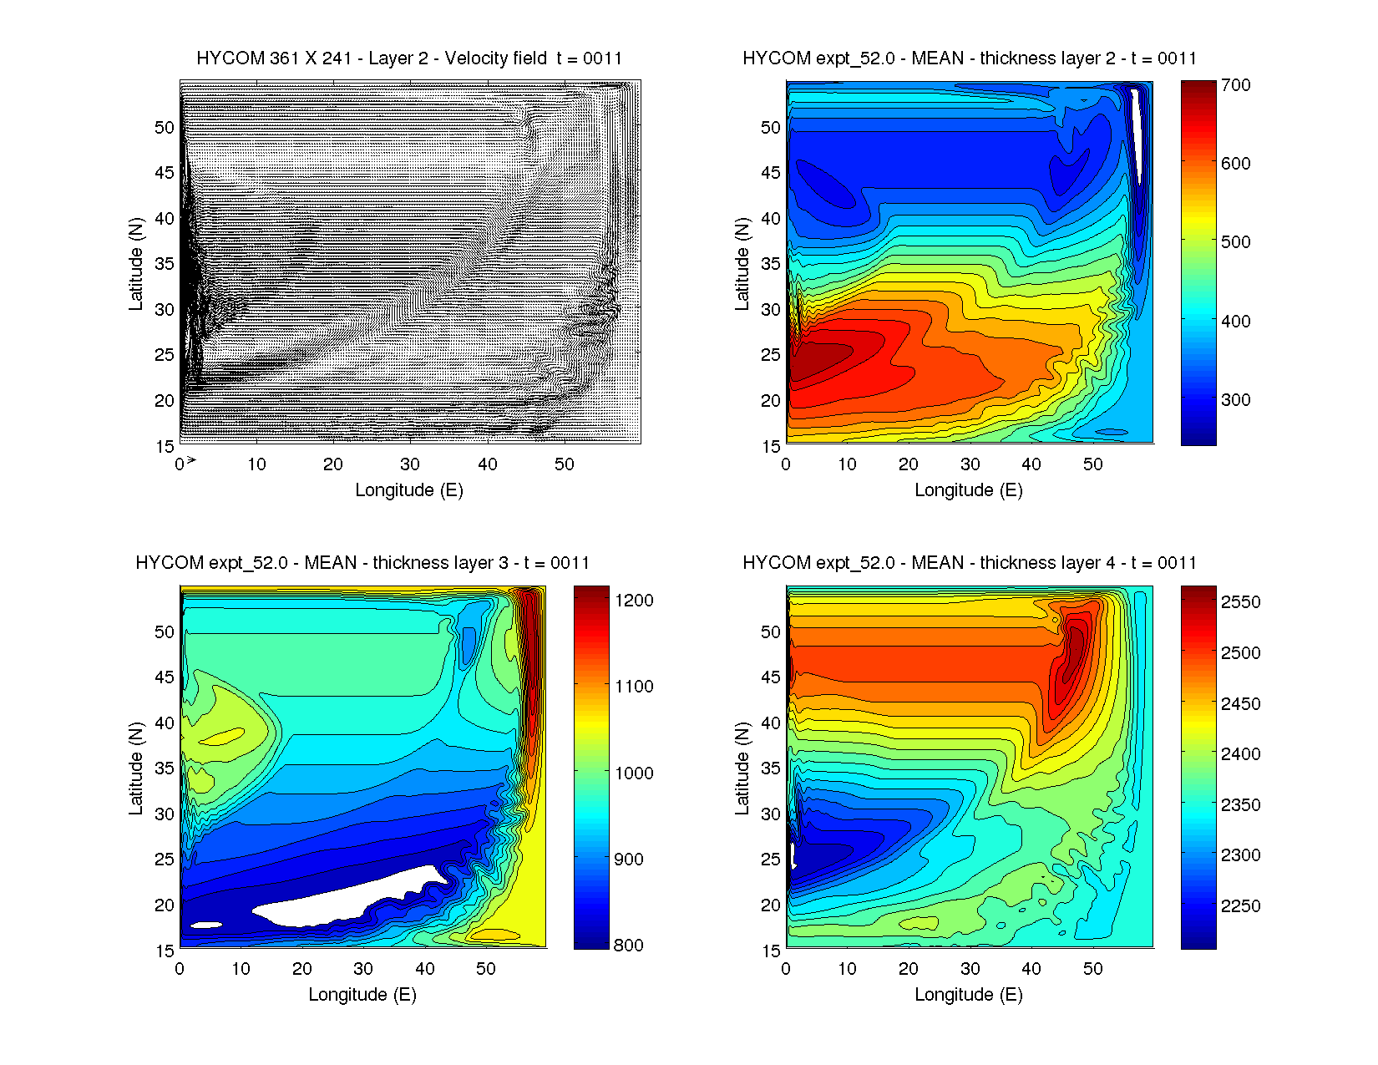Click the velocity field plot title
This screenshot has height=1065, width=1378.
coord(409,58)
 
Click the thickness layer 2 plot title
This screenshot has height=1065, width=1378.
coord(969,58)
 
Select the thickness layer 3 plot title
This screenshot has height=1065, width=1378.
coord(362,563)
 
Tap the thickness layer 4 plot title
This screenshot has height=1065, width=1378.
coord(969,563)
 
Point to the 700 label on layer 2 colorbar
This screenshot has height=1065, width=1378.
coord(1235,85)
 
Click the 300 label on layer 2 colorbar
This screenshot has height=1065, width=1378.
coord(1235,399)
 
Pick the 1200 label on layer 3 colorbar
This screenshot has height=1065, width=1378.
coord(634,601)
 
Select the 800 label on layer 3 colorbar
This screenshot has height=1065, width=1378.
coord(628,945)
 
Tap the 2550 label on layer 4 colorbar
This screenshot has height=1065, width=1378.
coord(1240,602)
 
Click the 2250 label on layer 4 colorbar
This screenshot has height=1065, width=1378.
coord(1240,905)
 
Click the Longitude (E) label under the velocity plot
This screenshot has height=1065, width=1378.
coord(409,490)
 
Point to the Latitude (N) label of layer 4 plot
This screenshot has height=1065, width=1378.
coord(742,768)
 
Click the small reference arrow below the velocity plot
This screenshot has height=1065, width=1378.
coord(191,459)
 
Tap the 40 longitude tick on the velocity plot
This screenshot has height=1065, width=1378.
coord(487,464)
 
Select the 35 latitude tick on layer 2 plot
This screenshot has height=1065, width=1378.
coord(770,264)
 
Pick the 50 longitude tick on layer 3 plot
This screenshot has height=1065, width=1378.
coord(486,969)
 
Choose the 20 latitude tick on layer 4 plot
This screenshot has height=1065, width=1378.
coord(770,905)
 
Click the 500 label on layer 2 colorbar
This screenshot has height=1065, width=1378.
coord(1235,242)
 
